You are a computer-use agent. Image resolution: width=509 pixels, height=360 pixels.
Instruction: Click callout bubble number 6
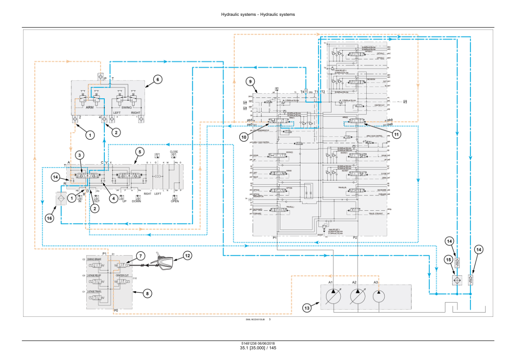point(157,79)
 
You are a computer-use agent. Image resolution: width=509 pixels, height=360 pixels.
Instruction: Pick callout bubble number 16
point(50,218)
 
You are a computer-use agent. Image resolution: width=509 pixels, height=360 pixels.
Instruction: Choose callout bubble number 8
point(147,293)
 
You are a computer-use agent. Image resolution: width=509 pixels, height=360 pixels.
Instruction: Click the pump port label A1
point(331,283)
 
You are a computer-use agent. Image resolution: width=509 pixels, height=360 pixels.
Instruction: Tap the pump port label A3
point(376,283)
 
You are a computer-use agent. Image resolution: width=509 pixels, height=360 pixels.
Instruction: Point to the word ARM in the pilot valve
point(89,108)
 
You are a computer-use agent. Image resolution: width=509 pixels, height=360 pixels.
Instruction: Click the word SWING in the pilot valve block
point(127,108)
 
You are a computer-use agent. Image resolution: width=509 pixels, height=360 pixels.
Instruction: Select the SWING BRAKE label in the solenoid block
point(94,260)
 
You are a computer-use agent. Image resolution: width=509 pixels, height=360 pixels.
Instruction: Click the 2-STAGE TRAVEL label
point(94,291)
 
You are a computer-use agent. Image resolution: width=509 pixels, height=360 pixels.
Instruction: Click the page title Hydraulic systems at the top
point(258,15)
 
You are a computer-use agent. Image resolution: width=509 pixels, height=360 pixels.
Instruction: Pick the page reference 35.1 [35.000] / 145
point(258,348)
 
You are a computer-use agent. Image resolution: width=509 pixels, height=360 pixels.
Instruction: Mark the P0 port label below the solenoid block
point(115,310)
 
